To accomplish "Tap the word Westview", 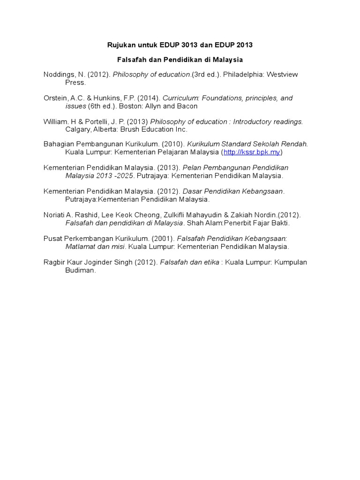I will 282,75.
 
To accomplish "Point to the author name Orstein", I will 55,98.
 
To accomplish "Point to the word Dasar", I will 192,191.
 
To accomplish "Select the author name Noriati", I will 54,215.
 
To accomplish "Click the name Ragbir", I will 54,262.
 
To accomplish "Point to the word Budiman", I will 80,270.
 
